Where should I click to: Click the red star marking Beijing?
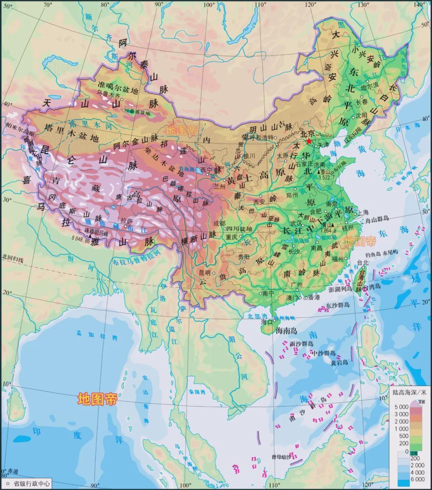coord(309,141)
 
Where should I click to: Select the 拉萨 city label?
coord(126,220)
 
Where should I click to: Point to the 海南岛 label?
coord(286,331)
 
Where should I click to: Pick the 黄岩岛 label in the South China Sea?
coord(339,363)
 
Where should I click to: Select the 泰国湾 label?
coord(197,392)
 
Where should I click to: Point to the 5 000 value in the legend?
coord(401,407)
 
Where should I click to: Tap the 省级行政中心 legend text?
coord(32,484)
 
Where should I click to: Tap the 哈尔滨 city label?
coord(369,86)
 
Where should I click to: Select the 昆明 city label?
coord(204,272)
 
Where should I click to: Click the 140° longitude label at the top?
coord(419,4)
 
